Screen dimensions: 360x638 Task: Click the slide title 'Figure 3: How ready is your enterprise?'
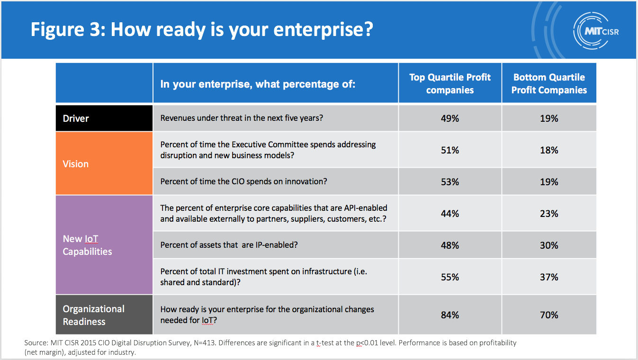coord(202,29)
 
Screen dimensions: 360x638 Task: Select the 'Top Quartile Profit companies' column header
coord(450,83)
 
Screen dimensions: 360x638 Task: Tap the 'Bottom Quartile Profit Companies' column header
coord(549,83)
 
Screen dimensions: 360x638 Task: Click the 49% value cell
coord(449,118)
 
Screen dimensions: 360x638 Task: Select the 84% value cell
coord(449,315)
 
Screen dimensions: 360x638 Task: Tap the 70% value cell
coord(549,315)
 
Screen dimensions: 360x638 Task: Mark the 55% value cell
coord(449,277)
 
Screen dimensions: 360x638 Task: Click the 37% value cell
coord(549,277)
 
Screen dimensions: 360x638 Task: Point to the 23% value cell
coord(549,214)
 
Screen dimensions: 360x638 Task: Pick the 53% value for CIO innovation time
coord(449,182)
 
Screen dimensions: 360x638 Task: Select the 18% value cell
coord(549,150)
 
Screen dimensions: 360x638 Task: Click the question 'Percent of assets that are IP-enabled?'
coord(229,245)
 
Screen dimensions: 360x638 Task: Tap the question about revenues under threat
coord(242,118)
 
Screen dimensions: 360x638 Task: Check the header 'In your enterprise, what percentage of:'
coord(258,84)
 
